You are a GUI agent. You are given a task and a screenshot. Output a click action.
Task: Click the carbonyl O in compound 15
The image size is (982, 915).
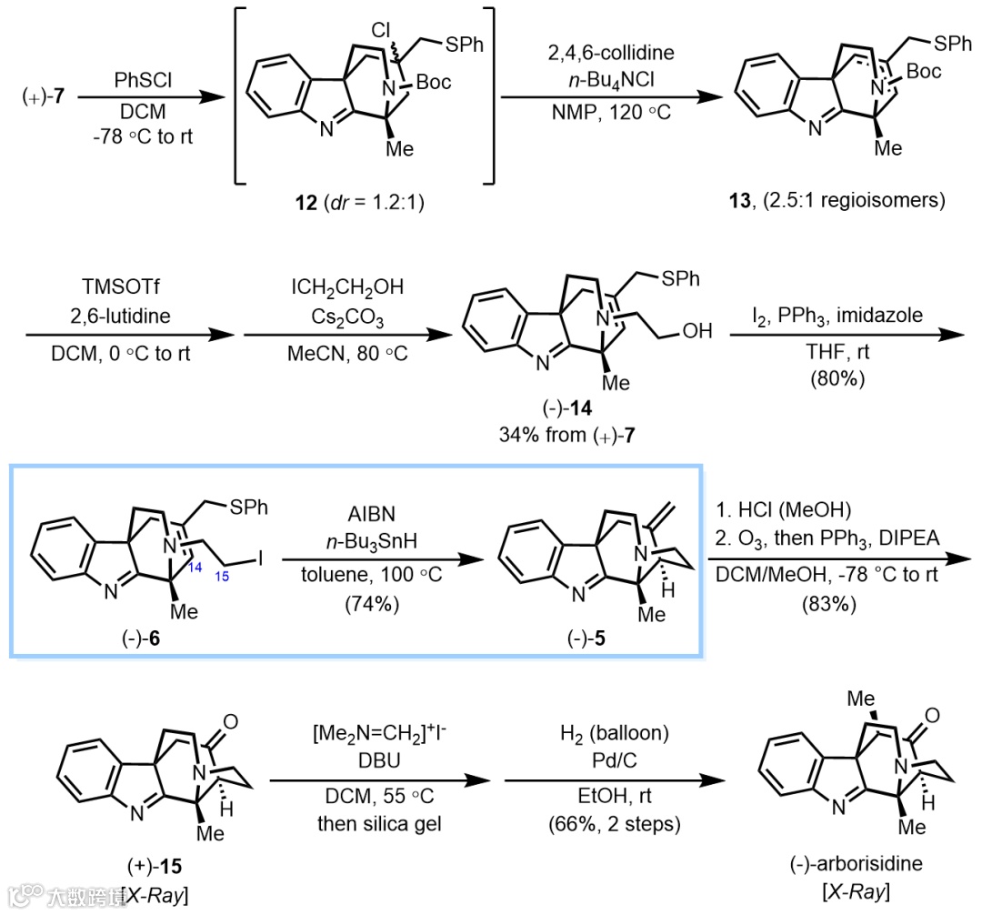(x=231, y=724)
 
